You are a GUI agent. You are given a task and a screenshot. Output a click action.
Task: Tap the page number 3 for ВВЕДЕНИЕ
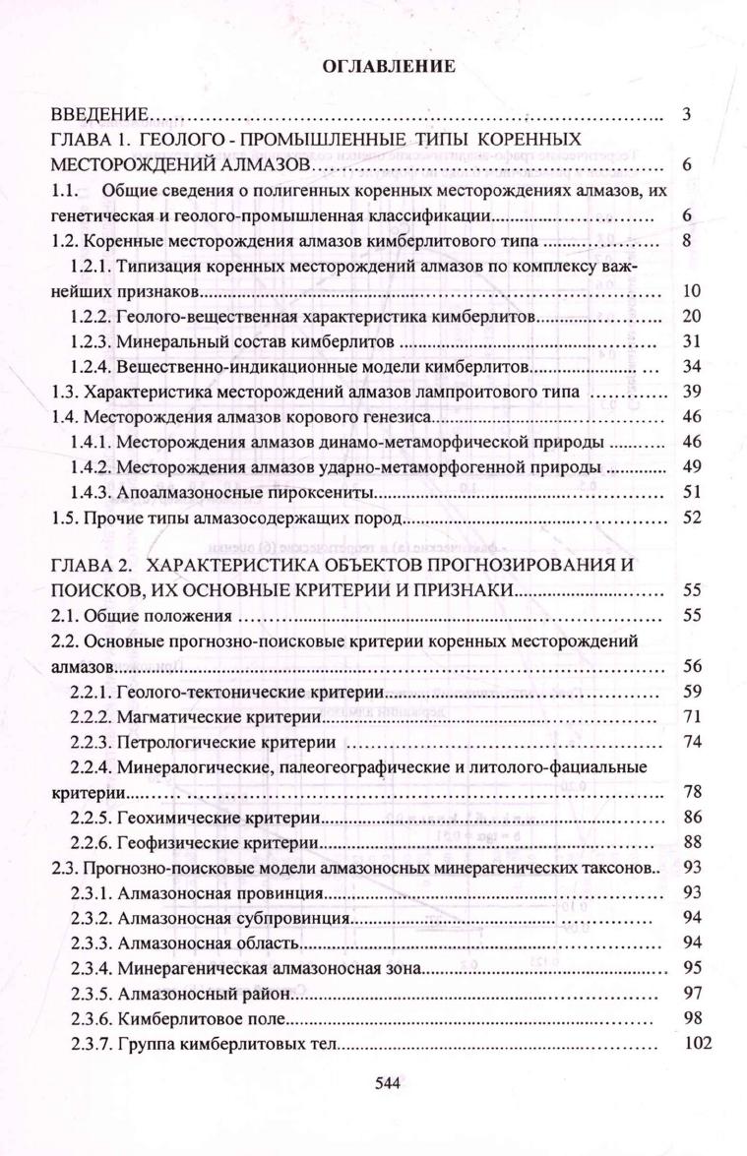tap(686, 114)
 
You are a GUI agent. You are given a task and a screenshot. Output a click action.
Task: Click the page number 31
tap(690, 341)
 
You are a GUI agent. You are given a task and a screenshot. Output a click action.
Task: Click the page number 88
tap(690, 842)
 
